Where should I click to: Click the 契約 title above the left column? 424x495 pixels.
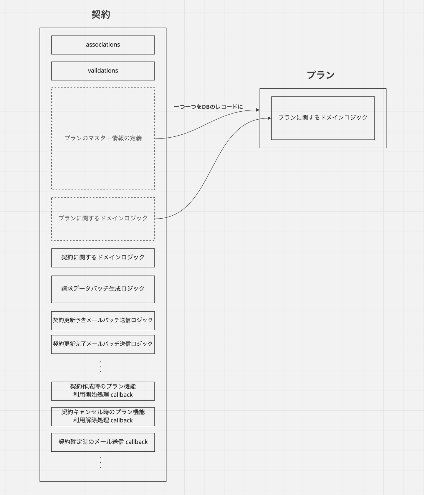tap(101, 14)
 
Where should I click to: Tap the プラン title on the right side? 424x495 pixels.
tap(321, 75)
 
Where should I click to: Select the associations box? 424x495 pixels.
tap(103, 45)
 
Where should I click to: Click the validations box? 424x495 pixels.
tap(103, 71)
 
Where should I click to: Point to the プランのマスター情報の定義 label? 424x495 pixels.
tap(103, 138)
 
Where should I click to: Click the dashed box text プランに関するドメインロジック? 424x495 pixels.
tap(103, 218)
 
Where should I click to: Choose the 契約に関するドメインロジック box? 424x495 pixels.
tap(103, 258)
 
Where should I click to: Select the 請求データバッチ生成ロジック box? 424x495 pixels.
tap(103, 289)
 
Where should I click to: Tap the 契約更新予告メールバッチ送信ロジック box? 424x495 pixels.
tap(103, 321)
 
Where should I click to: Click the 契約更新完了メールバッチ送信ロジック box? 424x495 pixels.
tap(103, 344)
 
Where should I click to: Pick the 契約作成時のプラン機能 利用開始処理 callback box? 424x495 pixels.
tap(103, 391)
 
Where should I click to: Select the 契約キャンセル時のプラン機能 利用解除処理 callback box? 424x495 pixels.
tap(103, 417)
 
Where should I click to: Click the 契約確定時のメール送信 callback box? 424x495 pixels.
tap(103, 442)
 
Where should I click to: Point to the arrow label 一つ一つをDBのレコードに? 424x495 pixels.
tap(208, 107)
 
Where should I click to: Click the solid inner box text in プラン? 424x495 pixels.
tap(323, 118)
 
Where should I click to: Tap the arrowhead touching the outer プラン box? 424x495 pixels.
tap(258, 110)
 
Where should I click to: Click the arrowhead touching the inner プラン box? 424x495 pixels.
tap(269, 118)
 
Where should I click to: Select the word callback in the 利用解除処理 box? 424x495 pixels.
tap(122, 420)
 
